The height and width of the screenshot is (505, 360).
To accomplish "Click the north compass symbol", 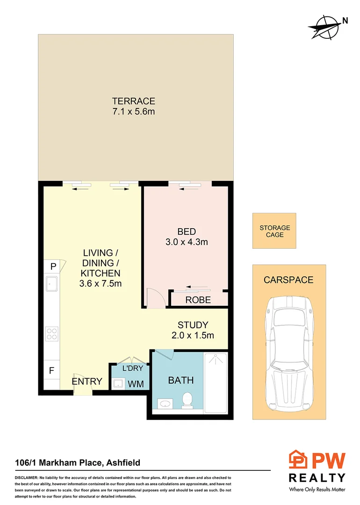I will [x=324, y=27].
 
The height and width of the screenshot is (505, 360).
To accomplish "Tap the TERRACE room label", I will [x=133, y=101].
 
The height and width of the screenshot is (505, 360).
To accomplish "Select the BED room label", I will [x=186, y=231].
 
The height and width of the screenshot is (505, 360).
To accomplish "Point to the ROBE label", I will [x=198, y=300].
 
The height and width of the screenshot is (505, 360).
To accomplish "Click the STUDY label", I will [x=193, y=325].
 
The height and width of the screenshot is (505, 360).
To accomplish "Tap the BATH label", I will [x=180, y=380].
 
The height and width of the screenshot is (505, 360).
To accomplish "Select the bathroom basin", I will [x=164, y=403].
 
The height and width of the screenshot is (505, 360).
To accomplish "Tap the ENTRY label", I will [x=87, y=382].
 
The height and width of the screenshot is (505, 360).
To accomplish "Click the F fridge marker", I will [x=52, y=371].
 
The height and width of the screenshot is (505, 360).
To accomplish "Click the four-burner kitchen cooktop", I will [x=51, y=334].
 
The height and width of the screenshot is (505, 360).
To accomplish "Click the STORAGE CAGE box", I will [x=274, y=231].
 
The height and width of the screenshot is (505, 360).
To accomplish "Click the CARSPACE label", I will [x=288, y=280].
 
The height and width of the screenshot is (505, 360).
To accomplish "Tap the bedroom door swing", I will [x=153, y=297].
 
